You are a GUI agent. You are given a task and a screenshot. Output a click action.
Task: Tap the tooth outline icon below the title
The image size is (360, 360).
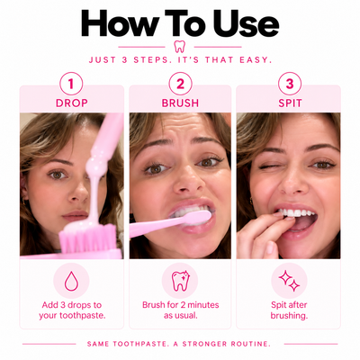[179, 47]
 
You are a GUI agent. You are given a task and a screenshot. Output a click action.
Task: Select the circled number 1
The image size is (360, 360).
[71, 84]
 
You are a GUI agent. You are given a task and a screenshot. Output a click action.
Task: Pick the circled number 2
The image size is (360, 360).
[180, 84]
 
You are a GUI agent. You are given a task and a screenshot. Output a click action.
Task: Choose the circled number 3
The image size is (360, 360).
[290, 84]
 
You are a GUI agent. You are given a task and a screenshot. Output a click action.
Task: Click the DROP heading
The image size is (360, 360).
[72, 103]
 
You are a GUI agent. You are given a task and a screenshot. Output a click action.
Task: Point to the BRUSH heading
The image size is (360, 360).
[180, 103]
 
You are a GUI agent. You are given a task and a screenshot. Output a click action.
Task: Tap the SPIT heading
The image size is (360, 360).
[290, 103]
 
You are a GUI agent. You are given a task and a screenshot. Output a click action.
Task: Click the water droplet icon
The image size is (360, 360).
[71, 281]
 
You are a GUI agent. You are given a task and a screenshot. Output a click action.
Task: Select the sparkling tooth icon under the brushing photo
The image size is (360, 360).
[181, 281]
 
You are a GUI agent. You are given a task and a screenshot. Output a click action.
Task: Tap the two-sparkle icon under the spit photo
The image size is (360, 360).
[289, 281]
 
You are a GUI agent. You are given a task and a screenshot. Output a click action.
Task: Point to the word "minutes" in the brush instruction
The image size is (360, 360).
[203, 305]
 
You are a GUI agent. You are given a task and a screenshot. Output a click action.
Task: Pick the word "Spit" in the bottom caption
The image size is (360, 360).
[278, 305]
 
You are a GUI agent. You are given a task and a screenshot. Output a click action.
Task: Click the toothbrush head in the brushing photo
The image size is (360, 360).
[195, 218]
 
